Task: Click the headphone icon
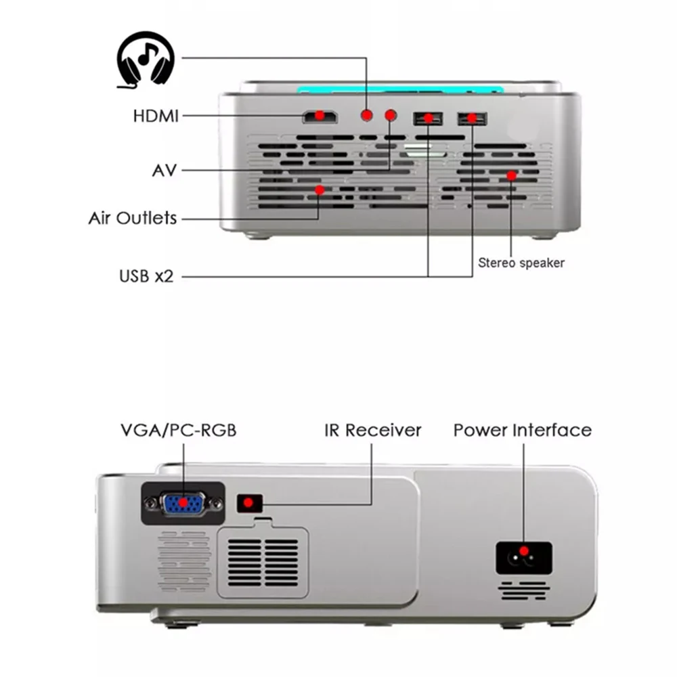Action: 145,62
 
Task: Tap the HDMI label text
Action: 156,116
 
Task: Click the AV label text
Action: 164,170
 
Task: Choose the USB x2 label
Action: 146,276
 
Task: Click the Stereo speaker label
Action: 521,263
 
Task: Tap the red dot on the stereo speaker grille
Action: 512,176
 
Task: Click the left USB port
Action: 428,118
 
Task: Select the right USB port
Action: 472,118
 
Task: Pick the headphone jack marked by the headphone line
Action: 366,115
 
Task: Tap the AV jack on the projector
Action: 390,115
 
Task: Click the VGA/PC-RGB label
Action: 178,430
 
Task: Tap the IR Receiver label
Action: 373,430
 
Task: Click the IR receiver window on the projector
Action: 248,503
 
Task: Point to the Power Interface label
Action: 522,430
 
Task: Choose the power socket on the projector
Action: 524,556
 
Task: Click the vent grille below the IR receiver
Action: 263,562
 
